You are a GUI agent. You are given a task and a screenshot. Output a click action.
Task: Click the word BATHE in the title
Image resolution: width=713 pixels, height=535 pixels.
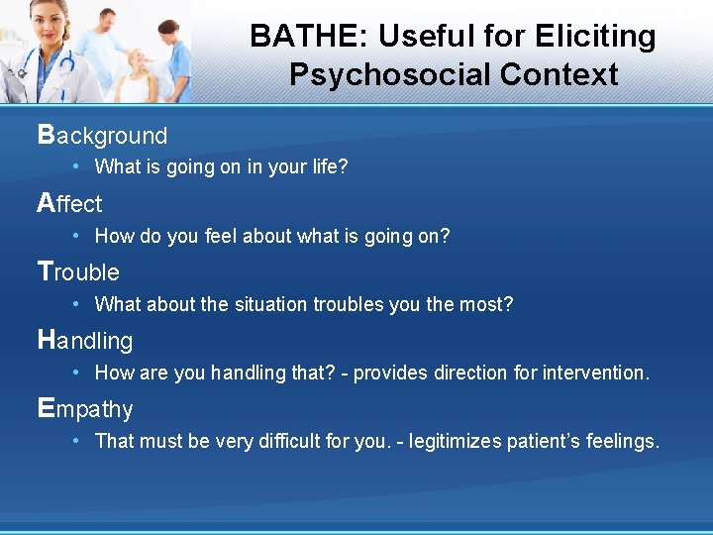tap(292, 37)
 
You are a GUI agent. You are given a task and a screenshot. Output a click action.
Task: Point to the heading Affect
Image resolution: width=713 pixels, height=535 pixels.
tap(69, 203)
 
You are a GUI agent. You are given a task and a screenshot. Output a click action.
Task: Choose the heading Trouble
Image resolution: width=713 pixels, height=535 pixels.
tap(78, 271)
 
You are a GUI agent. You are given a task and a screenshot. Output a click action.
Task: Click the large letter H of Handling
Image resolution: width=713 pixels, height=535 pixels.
tap(47, 340)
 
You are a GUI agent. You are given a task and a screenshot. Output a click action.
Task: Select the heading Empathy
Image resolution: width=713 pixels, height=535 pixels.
tap(85, 409)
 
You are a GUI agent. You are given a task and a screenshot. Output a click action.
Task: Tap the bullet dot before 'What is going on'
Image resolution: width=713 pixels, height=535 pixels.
tap(76, 167)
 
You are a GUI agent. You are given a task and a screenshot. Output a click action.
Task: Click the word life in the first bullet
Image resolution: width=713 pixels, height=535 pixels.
tap(329, 166)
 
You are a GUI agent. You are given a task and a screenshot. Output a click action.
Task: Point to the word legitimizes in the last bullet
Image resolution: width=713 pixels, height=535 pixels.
tap(459, 441)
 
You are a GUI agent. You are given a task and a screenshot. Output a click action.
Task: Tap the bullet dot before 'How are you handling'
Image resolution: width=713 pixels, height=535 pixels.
tap(76, 374)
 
